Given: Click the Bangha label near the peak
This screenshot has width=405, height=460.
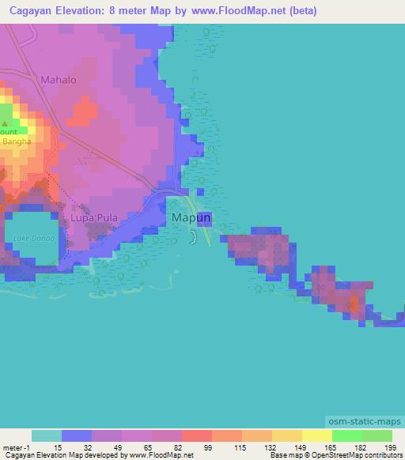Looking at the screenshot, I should coord(16,141).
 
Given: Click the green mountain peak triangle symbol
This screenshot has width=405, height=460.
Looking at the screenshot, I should coord(6,123).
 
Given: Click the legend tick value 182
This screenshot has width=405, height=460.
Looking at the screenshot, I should coord(361,447).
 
